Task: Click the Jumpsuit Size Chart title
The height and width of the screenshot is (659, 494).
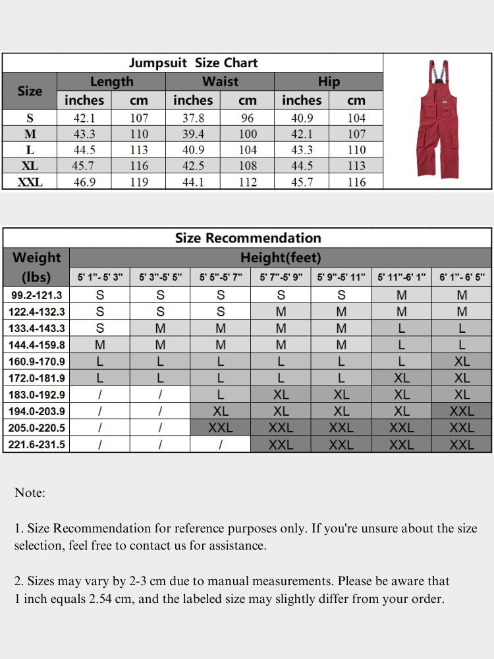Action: (193, 63)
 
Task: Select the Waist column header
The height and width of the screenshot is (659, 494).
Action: (220, 82)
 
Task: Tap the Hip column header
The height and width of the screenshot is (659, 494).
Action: (329, 82)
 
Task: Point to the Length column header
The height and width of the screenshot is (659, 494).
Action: (111, 82)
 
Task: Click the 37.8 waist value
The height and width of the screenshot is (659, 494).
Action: (193, 119)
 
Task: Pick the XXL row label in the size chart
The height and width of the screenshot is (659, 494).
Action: (30, 182)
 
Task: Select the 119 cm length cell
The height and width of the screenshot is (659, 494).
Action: (139, 182)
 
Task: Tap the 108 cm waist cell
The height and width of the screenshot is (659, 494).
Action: (248, 166)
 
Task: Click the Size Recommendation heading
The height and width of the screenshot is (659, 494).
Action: (248, 238)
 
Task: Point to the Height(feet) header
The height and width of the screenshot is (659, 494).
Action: (281, 258)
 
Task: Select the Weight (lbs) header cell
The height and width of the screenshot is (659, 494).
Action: (37, 267)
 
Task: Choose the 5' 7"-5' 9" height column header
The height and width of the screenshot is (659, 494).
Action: (281, 277)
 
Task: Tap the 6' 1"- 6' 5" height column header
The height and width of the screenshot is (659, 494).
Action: (462, 277)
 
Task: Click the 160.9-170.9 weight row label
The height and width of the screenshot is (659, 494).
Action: (37, 362)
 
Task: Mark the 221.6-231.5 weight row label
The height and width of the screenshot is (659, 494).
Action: (37, 445)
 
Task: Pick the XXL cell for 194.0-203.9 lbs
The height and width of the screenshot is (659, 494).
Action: (462, 411)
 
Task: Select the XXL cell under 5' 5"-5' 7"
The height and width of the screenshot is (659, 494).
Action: (221, 428)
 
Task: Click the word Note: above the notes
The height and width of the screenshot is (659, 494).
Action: (30, 493)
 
